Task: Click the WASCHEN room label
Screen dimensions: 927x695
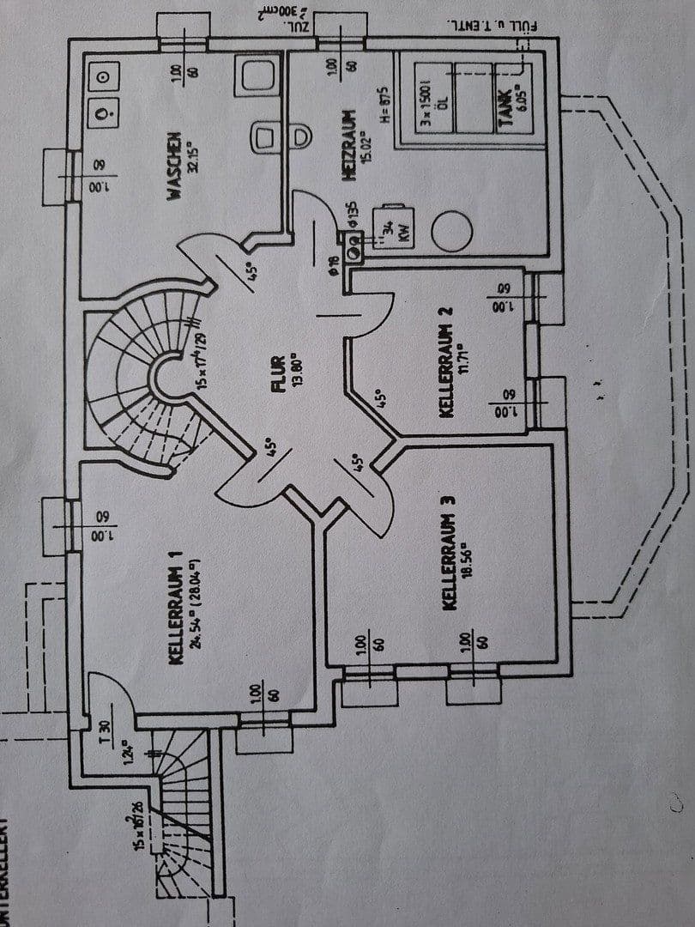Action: (x=174, y=166)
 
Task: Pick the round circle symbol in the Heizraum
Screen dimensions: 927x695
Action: (x=451, y=231)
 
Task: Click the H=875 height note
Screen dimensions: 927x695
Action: (x=385, y=106)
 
